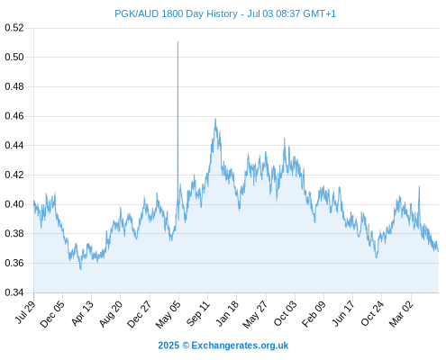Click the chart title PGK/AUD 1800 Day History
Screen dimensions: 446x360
(176, 13)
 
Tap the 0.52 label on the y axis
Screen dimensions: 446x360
(14, 28)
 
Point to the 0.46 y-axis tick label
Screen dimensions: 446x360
(14, 116)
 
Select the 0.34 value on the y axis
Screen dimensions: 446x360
(14, 292)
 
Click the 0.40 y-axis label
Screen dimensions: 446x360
(14, 204)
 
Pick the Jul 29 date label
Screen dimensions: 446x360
(25, 312)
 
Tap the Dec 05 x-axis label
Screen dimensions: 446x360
(51, 314)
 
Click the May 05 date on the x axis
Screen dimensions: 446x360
(168, 314)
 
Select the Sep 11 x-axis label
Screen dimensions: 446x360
(197, 314)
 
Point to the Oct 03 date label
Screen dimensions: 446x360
(285, 314)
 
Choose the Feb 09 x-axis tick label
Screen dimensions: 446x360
(314, 314)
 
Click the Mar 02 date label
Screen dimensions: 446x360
(401, 314)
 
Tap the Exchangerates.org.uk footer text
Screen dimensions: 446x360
(240, 346)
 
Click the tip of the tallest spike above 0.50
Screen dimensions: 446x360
(177, 42)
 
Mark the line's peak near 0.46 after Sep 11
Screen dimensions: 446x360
(215, 119)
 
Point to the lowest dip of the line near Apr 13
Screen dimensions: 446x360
(80, 269)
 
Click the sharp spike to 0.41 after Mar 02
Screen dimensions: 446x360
(419, 186)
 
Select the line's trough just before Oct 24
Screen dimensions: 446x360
(377, 257)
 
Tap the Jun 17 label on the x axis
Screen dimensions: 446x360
(342, 313)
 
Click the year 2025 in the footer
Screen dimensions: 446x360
(168, 346)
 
